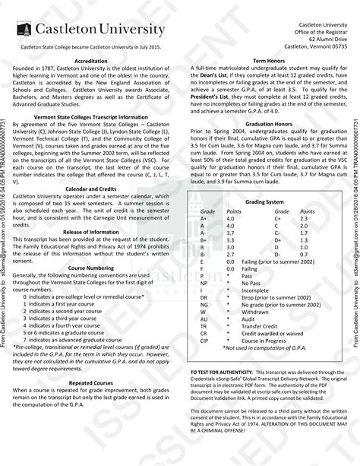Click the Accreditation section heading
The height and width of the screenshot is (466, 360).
90,60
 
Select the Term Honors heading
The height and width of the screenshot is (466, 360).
269,60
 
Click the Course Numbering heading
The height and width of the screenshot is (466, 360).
90,268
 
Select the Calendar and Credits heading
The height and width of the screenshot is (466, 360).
90,188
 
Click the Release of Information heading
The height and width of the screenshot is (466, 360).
90,231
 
